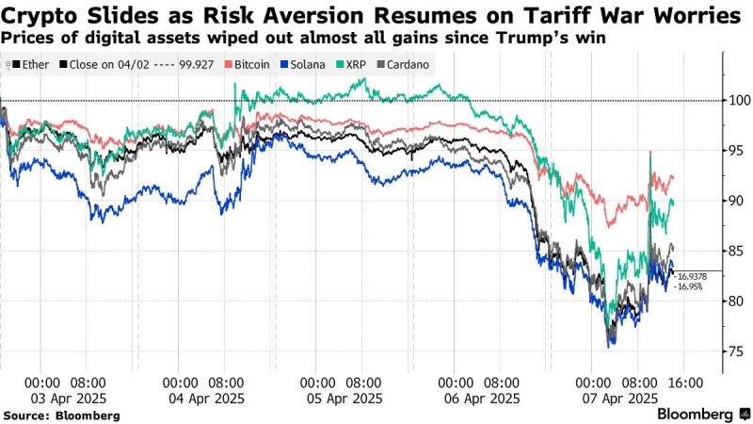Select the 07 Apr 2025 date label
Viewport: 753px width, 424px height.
pyautogui.click(x=617, y=399)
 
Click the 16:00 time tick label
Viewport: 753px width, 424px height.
pyautogui.click(x=684, y=383)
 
